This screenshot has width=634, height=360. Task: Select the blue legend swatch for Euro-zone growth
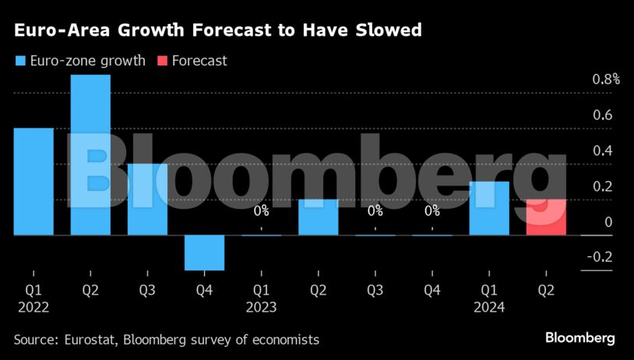(x=19, y=60)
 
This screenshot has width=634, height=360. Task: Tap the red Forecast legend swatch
(x=162, y=60)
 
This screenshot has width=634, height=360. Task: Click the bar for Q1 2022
(x=33, y=181)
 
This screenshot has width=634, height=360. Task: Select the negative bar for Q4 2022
(x=204, y=252)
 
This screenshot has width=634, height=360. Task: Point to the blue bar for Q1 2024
(x=489, y=208)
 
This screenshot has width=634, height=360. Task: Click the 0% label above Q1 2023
(x=261, y=210)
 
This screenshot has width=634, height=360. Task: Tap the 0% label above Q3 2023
(x=375, y=210)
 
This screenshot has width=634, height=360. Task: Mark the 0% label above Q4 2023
(x=431, y=210)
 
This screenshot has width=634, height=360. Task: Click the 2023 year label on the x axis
(x=261, y=307)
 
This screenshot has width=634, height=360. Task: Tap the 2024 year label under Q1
(x=489, y=307)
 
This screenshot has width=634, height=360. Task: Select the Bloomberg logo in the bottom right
(x=579, y=338)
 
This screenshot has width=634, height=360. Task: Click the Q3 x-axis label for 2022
(x=147, y=291)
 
